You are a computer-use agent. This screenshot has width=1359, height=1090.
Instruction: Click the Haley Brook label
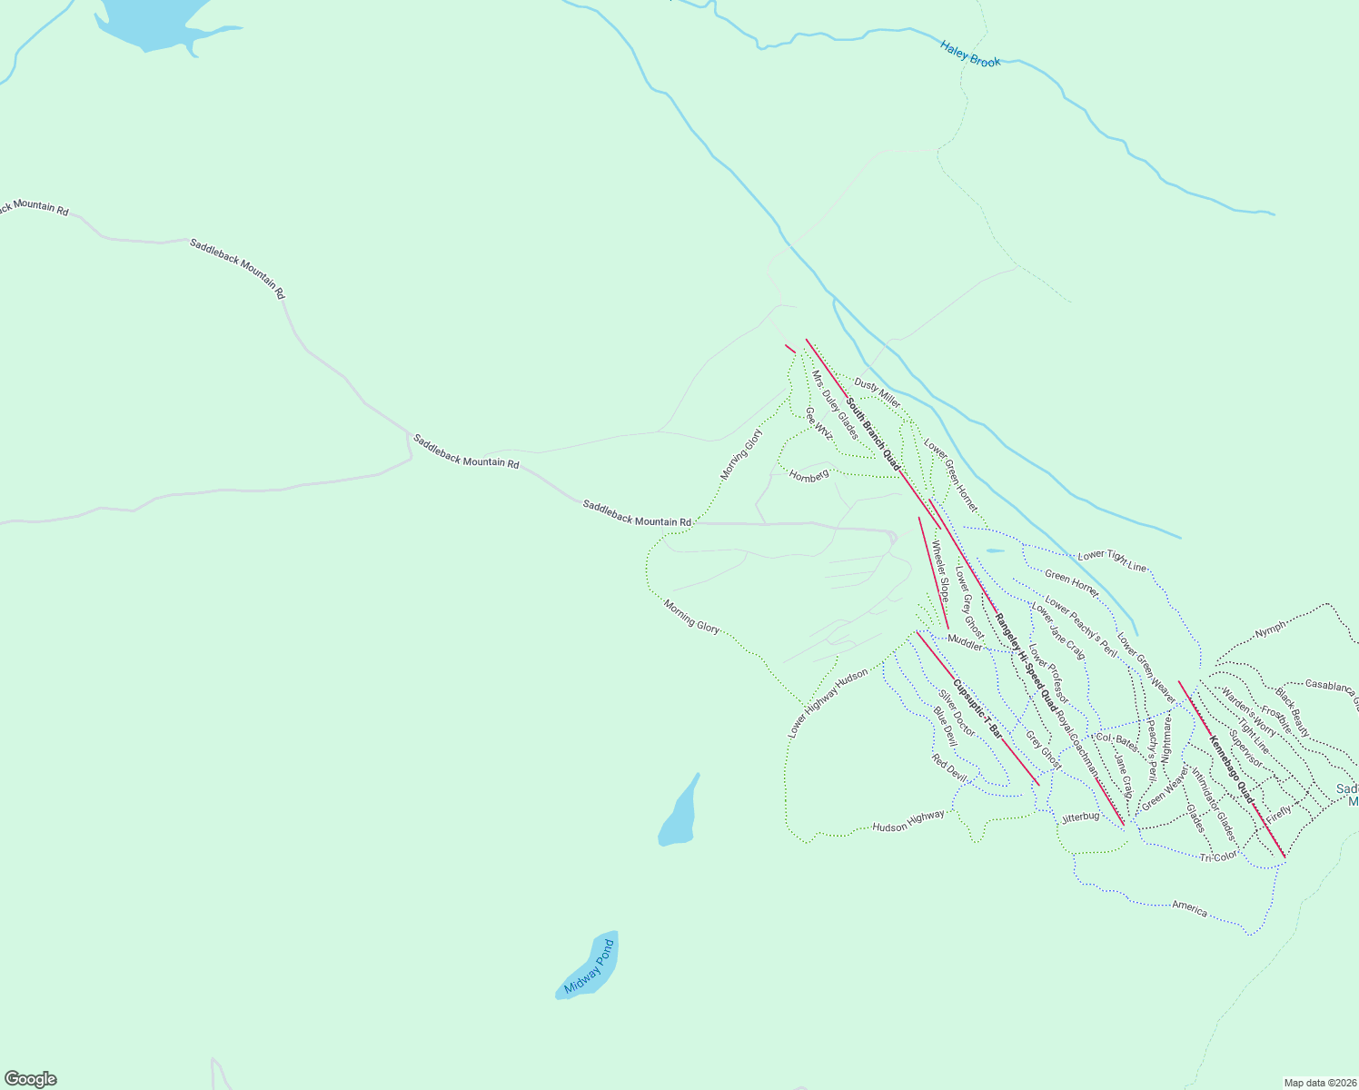[970, 54]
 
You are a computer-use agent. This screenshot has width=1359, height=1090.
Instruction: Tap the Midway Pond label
[590, 967]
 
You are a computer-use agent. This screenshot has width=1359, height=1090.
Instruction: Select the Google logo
[31, 1079]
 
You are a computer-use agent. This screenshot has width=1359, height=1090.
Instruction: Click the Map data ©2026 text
[1319, 1083]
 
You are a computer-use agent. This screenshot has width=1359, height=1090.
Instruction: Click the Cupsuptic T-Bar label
[977, 707]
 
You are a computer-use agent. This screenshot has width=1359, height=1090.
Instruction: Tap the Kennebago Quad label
[1231, 769]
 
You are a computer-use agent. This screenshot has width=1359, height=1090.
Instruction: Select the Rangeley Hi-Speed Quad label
[1026, 661]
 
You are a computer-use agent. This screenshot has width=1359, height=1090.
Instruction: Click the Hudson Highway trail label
[908, 821]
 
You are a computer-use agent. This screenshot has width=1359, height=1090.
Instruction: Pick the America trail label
[1189, 907]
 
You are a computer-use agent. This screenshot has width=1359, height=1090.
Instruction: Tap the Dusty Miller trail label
[877, 392]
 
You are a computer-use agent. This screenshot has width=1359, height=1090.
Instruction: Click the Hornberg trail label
[808, 475]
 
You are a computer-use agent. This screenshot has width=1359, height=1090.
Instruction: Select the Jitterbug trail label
[1080, 817]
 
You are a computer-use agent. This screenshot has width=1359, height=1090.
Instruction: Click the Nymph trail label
[1270, 629]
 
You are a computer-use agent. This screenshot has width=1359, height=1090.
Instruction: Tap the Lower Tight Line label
[1112, 560]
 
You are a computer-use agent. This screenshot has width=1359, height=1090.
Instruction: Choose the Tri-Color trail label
[1217, 857]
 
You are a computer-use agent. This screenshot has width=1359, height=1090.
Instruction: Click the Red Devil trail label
[950, 768]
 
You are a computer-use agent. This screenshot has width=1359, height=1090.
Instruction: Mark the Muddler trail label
[965, 642]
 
